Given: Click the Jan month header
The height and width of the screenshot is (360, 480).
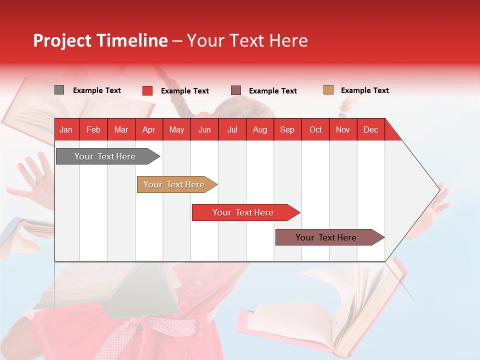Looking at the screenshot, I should point(66,130).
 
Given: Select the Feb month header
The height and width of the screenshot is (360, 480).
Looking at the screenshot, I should point(93,130).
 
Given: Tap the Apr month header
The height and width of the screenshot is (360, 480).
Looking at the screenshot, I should point(148,130).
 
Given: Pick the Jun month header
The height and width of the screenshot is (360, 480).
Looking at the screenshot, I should point(204,130).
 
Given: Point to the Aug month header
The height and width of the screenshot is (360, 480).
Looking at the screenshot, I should point(260,130).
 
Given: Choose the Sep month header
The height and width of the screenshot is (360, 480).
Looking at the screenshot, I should point(287,130).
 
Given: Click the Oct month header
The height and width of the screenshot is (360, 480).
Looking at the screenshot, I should point(315,130).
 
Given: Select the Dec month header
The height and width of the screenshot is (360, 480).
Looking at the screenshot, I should point(371,130).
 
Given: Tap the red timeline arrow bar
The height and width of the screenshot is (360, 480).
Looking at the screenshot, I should point(243,212).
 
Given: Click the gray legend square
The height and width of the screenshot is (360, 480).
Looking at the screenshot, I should point(59,90).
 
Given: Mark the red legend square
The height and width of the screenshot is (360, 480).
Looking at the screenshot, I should point(147,90).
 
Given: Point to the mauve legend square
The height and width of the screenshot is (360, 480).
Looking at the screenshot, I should point(236,90).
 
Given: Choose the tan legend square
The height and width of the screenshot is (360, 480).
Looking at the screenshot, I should point(328,90).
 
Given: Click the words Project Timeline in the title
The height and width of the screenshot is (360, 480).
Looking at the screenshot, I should point(100,40).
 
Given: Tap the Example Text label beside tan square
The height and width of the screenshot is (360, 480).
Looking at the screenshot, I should point(365,90).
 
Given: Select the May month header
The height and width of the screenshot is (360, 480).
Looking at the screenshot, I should point(176,130).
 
